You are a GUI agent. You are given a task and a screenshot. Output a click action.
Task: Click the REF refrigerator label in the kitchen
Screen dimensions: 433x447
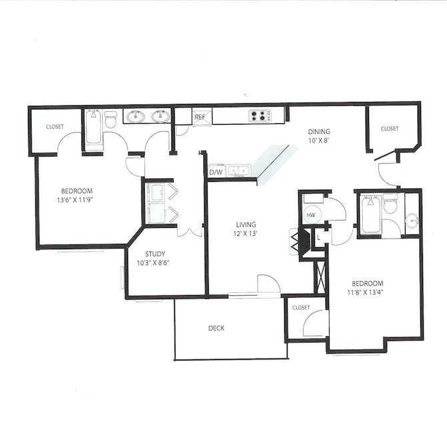[199, 117]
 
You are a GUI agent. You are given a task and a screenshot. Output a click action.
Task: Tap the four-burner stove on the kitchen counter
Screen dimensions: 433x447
[260, 116]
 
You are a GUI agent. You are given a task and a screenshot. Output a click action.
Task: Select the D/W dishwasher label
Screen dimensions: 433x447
[215, 173]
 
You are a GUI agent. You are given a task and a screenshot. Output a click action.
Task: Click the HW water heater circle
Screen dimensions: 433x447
[311, 215]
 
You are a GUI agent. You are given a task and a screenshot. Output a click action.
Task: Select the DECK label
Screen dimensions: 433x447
[215, 328]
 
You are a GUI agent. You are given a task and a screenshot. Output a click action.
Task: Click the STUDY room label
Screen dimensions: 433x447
[155, 253]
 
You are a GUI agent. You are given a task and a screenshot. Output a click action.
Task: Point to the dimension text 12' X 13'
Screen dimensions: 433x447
[246, 234]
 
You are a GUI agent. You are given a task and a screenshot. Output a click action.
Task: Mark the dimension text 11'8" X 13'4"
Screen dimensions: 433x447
[364, 290]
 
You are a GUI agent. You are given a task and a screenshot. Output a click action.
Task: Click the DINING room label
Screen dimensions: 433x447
[318, 131]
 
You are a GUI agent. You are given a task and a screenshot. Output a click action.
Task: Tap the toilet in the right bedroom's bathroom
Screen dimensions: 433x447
[390, 205]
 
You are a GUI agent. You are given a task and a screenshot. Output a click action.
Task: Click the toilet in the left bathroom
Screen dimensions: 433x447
[111, 121]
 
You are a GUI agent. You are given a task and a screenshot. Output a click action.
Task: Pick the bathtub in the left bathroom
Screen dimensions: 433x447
[93, 127]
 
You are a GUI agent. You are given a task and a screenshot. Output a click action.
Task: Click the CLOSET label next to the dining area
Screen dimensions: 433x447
[389, 129]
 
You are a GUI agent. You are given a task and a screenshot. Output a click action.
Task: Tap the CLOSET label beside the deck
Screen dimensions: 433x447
[301, 307]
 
